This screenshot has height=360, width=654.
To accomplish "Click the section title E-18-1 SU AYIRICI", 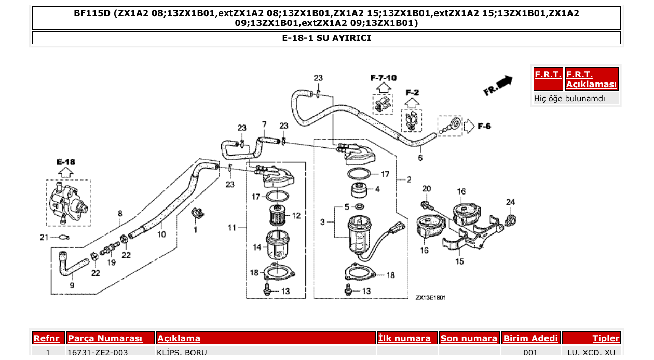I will (326, 38).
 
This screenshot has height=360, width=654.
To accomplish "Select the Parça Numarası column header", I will (105, 338).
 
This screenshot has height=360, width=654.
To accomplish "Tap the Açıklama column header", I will (179, 338).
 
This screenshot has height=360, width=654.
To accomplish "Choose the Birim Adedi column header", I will (530, 338).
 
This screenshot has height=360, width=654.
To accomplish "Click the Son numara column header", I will (469, 338).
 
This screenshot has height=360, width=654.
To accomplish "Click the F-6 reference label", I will (484, 126).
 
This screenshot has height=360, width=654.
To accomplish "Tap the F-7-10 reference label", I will (383, 78).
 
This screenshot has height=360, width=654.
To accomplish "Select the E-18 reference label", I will (65, 162).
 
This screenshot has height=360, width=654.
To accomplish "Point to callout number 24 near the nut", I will (511, 202).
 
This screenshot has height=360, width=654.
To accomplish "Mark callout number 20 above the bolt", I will (426, 188).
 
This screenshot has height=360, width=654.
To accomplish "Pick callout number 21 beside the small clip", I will (44, 237).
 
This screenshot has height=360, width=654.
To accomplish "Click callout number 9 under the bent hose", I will (72, 285).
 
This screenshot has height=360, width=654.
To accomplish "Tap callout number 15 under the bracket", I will (460, 261).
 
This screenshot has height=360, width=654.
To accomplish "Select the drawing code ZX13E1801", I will (430, 298).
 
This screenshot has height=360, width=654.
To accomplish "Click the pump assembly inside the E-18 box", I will (67, 202).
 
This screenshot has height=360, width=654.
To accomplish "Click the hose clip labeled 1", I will (197, 213).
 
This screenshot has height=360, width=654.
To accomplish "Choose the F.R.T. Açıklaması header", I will (591, 79).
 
